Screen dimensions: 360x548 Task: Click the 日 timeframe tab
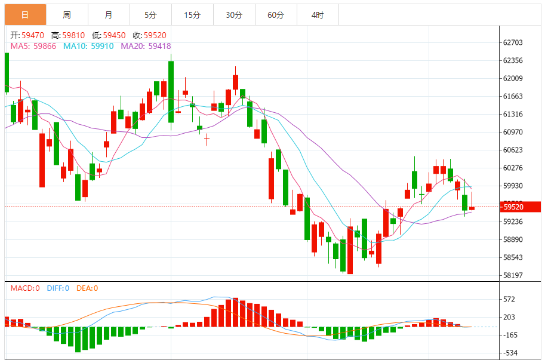coord(25,15)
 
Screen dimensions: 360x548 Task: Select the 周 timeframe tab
coord(67,15)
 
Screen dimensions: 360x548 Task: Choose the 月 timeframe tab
coord(108,15)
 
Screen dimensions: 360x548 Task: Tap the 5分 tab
coord(150,15)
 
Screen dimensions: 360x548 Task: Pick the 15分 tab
coord(192,15)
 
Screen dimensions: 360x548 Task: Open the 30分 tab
coord(234,15)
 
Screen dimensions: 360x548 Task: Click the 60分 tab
coord(276,15)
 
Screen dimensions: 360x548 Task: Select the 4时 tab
coord(318,15)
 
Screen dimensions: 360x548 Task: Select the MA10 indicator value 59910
coord(102,46)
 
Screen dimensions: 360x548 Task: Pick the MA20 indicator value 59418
coord(159,46)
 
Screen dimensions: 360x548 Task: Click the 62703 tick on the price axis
coord(513,42)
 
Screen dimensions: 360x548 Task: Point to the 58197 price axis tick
coord(513,275)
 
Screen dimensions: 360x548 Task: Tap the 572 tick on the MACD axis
coord(509,299)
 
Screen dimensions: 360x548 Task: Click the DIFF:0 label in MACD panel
coord(58,288)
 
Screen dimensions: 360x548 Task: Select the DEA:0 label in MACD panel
coord(87,288)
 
